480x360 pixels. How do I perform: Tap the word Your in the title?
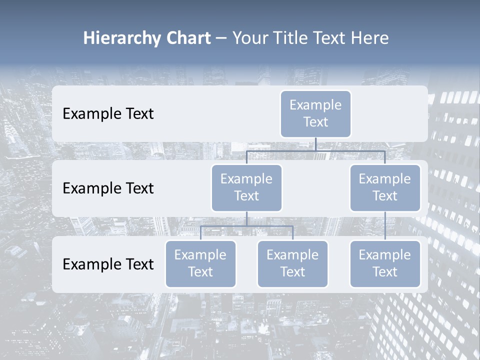(250, 38)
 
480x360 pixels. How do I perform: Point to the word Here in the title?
(370, 38)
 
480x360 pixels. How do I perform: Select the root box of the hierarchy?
(315, 113)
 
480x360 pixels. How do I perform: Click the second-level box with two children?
(246, 187)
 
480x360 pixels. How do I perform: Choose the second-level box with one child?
(385, 187)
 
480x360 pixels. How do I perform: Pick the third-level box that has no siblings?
(385, 263)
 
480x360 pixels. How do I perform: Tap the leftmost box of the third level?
(200, 263)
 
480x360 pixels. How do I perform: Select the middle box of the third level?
(292, 263)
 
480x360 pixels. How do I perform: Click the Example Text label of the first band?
(108, 114)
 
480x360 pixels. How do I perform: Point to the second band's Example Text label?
(108, 188)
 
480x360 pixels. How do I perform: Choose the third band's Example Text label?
(108, 264)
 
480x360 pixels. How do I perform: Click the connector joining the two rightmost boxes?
(385, 225)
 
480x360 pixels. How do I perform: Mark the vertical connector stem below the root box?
(315, 144)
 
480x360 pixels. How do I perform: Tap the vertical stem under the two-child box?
(246, 218)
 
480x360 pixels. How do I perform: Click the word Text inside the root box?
(315, 122)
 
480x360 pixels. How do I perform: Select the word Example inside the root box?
(315, 105)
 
